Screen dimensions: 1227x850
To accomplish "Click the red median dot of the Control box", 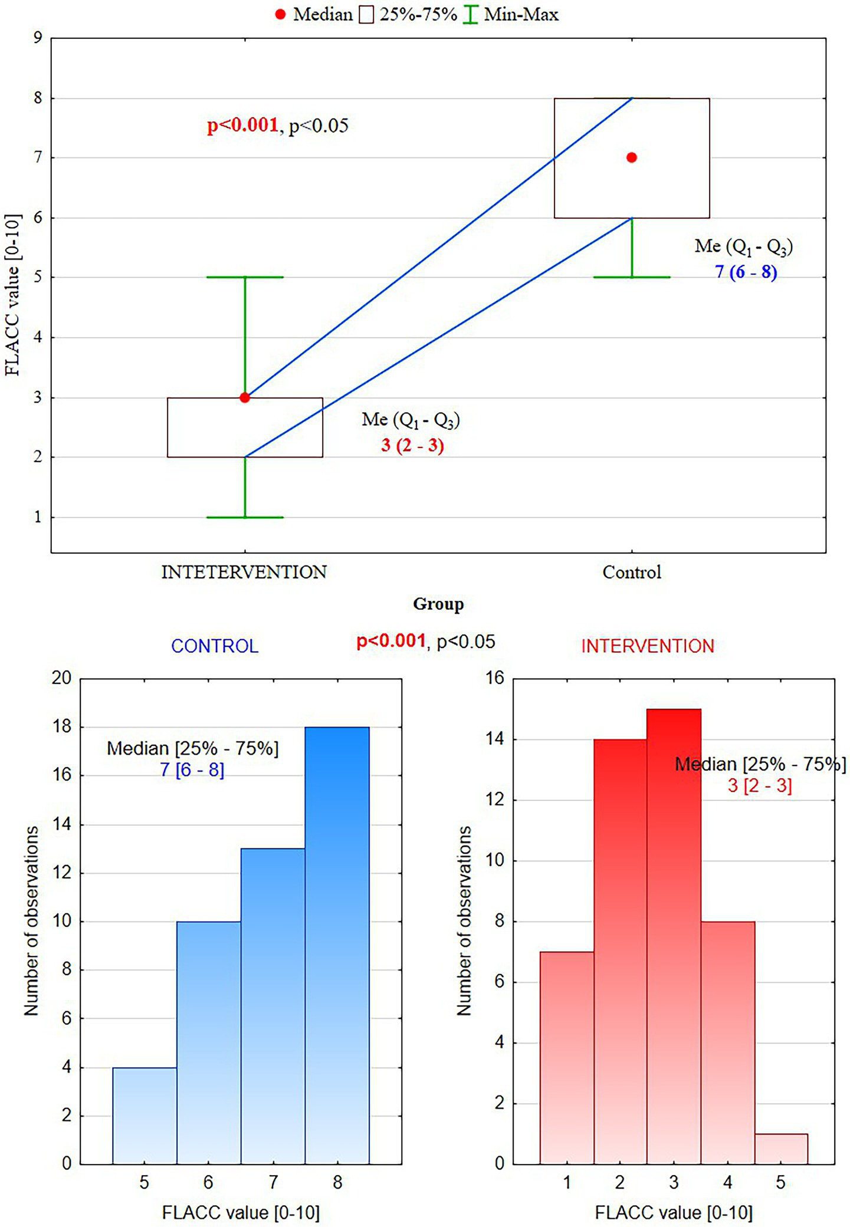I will [x=632, y=157].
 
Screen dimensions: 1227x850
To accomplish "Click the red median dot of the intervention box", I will [x=245, y=398].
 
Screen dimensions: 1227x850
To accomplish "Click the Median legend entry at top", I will [x=313, y=14].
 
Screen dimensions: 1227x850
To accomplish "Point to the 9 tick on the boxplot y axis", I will [x=38, y=38].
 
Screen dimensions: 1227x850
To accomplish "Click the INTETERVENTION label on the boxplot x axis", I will [x=244, y=572].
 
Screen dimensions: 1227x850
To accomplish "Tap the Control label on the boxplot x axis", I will [x=632, y=572].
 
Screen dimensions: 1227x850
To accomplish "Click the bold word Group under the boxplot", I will [x=438, y=604].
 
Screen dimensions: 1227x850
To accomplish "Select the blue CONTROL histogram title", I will [x=215, y=646].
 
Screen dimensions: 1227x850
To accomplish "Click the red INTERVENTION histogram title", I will [x=648, y=646].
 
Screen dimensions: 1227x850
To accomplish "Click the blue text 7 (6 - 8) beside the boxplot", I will [x=746, y=272].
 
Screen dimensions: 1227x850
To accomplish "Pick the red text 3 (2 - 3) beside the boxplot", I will [x=412, y=445].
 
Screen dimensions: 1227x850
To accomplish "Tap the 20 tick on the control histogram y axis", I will [x=61, y=678].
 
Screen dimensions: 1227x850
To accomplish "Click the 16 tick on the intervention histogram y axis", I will [x=495, y=678].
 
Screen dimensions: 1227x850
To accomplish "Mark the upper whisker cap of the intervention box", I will [x=245, y=277].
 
